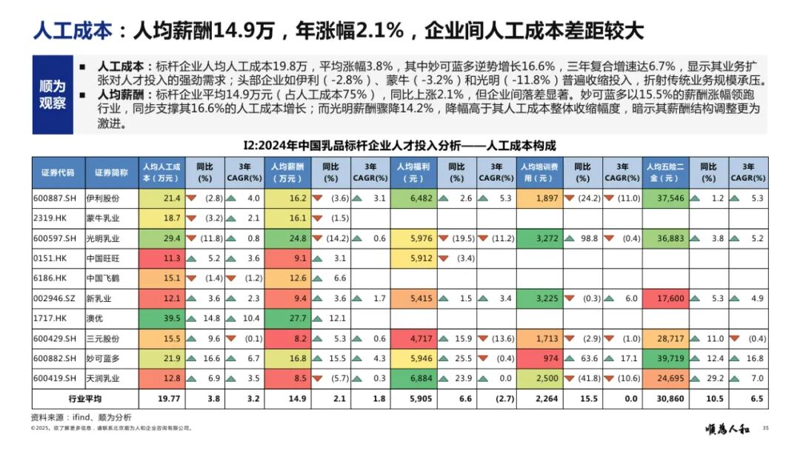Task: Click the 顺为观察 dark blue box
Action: (x=53, y=94)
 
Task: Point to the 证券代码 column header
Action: (x=58, y=172)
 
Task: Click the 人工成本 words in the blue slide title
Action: (x=72, y=30)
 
